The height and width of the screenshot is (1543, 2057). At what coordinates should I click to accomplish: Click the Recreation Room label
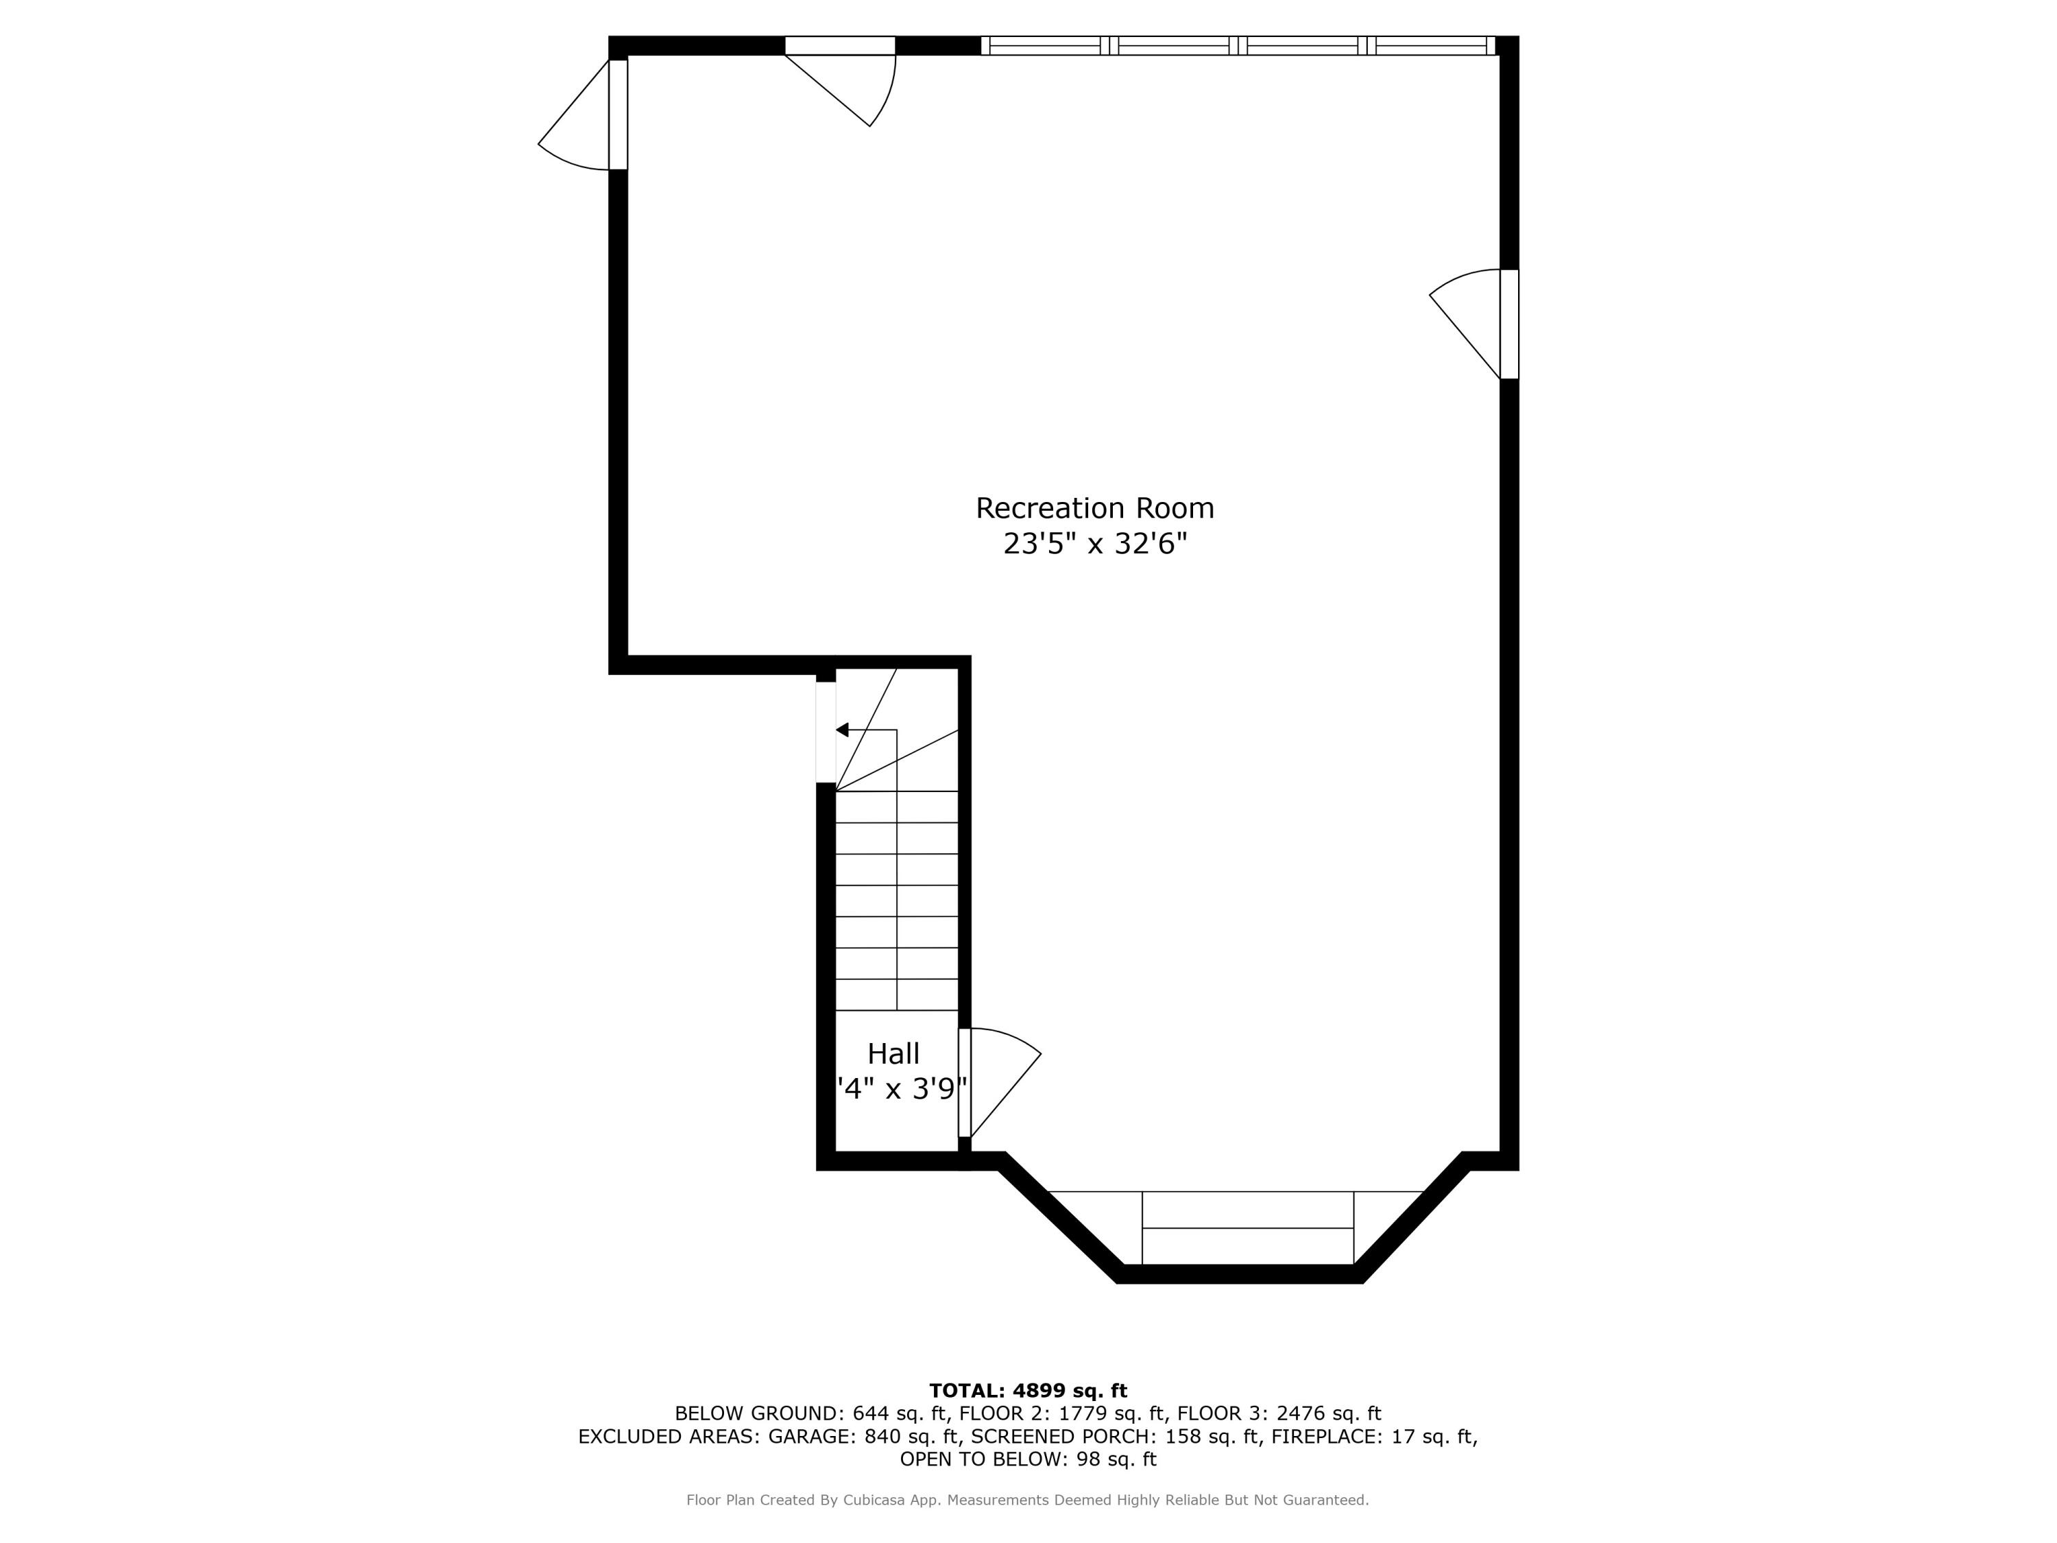tap(1094, 508)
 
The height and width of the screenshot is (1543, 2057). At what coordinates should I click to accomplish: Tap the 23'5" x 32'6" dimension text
tap(1094, 543)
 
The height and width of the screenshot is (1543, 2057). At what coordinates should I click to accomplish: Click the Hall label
tap(893, 1054)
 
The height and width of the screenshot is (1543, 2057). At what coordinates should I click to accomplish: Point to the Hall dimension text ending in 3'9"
tap(902, 1088)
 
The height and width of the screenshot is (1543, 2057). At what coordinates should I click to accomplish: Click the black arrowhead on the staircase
tap(843, 730)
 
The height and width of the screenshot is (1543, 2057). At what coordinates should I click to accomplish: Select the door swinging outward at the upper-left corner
tap(582, 115)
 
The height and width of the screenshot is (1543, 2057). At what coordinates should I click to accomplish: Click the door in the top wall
tap(840, 81)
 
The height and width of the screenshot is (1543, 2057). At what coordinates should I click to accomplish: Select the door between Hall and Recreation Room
tap(1000, 1083)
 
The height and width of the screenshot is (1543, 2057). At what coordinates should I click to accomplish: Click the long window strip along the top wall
tap(1238, 45)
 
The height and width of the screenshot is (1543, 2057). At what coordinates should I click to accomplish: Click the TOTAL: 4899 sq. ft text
tap(1028, 1391)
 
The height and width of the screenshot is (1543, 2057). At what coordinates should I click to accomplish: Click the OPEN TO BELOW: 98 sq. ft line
tap(1028, 1459)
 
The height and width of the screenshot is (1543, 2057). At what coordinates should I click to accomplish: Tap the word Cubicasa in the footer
tap(876, 1500)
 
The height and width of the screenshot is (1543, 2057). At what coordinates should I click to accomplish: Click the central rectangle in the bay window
tap(1247, 1228)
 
